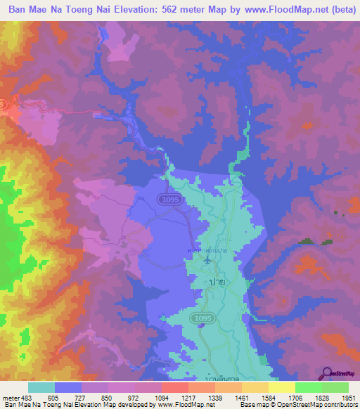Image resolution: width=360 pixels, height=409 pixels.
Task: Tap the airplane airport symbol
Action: (207, 261)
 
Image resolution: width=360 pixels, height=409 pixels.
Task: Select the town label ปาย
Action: (217, 281)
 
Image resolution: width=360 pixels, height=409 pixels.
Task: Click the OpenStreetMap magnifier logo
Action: (327, 372)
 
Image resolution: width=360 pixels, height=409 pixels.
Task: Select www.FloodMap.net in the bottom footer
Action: (185, 405)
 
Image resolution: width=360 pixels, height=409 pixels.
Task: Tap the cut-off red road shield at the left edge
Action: (2, 105)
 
